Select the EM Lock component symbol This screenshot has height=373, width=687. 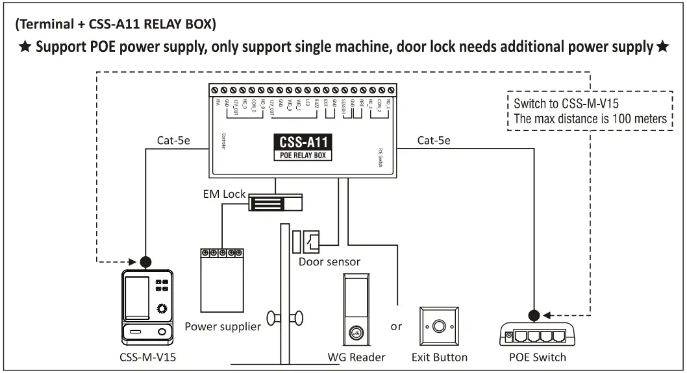[277, 202]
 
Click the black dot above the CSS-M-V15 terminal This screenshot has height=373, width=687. [146, 262]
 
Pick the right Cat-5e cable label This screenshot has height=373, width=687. [434, 139]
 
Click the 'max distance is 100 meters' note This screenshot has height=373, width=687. [590, 118]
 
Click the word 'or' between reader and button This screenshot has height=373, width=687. [396, 326]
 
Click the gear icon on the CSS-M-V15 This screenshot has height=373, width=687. [161, 309]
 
